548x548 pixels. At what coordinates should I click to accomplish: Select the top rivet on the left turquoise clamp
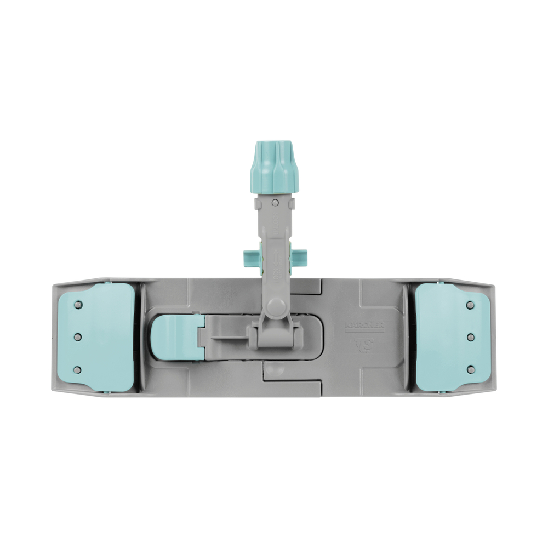[78, 305]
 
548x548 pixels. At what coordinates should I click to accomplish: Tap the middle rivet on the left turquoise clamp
[78, 336]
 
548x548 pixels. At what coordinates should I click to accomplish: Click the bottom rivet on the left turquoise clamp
[78, 369]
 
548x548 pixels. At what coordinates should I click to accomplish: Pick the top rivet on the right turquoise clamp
[469, 305]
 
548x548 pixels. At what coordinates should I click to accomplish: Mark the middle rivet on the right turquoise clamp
[469, 336]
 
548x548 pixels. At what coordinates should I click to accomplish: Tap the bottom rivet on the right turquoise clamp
[469, 369]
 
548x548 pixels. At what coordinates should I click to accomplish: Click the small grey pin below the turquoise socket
[275, 203]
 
